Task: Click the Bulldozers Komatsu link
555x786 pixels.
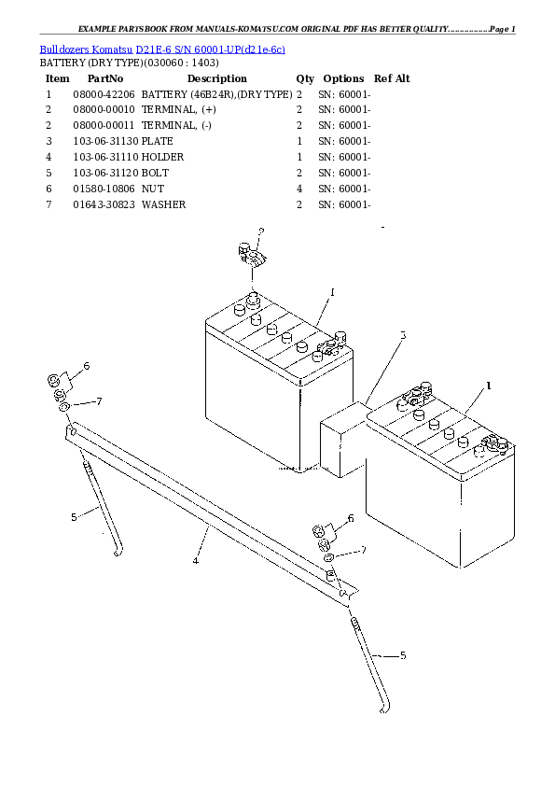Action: [86, 48]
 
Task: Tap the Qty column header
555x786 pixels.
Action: [305, 79]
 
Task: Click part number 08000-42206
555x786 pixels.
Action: [103, 95]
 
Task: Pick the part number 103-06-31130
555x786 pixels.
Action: [105, 142]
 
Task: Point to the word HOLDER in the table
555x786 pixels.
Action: [163, 158]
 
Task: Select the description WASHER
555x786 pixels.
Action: [164, 204]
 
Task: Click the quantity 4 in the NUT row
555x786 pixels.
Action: [299, 189]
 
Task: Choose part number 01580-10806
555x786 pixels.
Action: [103, 189]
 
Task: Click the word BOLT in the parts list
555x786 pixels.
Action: [156, 173]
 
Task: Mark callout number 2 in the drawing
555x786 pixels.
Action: [261, 231]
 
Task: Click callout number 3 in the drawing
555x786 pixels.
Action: [403, 335]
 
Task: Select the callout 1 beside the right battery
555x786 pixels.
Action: [488, 386]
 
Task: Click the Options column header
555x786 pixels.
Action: [343, 79]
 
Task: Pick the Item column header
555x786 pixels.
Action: [58, 79]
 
